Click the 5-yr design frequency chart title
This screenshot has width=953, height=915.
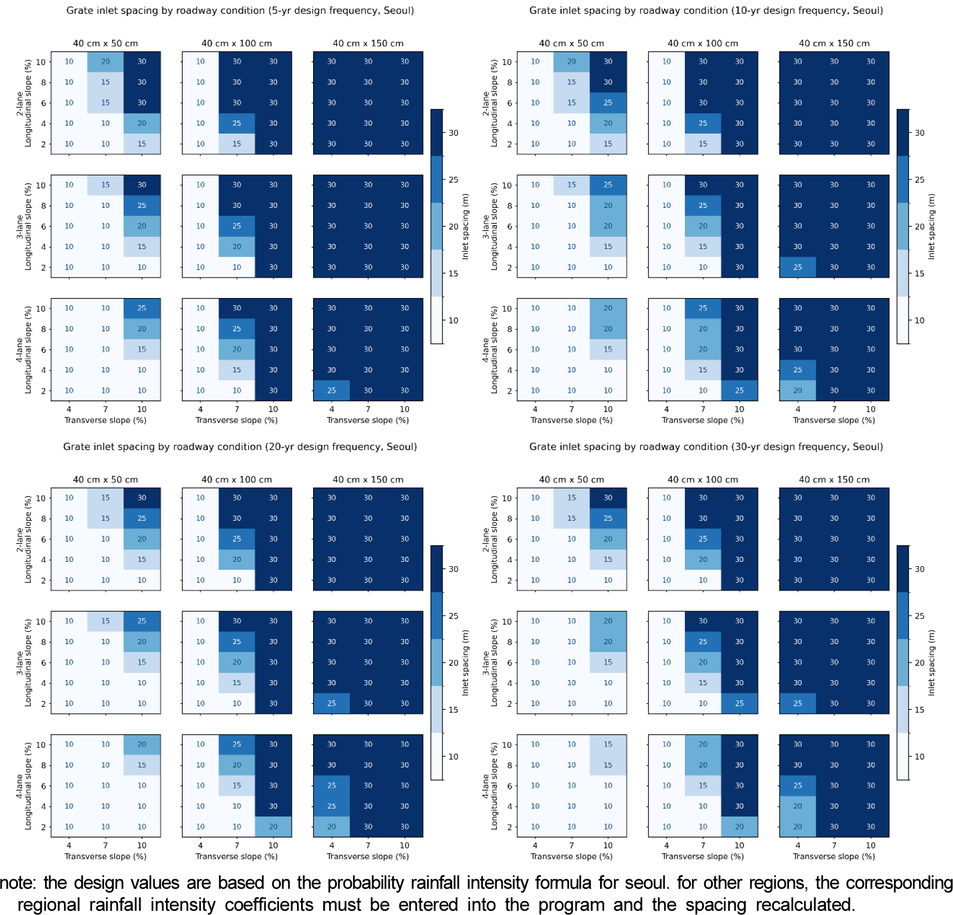click(240, 10)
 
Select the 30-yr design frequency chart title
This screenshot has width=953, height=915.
click(706, 447)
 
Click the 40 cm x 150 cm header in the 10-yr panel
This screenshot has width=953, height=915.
click(834, 43)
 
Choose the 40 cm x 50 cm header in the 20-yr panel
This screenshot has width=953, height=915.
click(105, 480)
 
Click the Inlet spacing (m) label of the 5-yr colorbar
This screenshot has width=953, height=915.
click(465, 226)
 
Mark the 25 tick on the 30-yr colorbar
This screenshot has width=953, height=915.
click(919, 616)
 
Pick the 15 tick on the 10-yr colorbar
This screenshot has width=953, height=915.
click(919, 273)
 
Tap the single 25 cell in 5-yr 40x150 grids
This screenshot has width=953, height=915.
click(331, 391)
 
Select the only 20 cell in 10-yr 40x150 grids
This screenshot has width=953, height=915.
click(797, 391)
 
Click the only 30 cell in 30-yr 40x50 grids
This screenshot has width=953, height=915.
click(608, 498)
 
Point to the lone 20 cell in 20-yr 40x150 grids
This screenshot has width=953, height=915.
click(331, 826)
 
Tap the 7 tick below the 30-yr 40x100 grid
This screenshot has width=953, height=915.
click(703, 845)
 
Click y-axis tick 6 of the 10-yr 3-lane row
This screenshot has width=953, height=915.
click(509, 226)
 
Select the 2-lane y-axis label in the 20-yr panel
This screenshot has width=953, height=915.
click(19, 539)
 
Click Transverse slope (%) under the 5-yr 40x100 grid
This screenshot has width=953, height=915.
click(237, 420)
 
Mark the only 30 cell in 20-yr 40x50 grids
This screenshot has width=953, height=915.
click(142, 498)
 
